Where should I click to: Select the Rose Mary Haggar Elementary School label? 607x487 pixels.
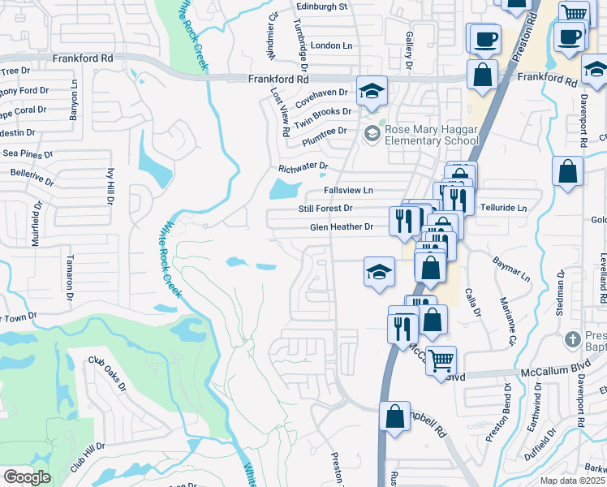[432, 134]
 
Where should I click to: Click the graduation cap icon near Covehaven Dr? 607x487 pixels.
[372, 92]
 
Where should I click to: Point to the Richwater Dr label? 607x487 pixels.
[303, 166]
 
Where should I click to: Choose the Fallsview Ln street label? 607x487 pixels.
[348, 190]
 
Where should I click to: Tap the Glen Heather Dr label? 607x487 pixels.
[342, 227]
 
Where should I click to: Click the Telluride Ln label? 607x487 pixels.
[503, 209]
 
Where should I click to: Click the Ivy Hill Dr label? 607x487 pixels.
[111, 186]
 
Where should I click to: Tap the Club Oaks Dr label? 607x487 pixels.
[108, 374]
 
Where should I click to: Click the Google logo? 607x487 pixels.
[27, 477]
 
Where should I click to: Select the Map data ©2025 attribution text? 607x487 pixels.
[572, 481]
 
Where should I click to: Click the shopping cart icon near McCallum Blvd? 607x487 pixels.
[441, 360]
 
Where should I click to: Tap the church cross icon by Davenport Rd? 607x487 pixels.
[574, 338]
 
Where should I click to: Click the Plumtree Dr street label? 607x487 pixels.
[324, 131]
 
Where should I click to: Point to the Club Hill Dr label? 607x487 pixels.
[88, 458]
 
